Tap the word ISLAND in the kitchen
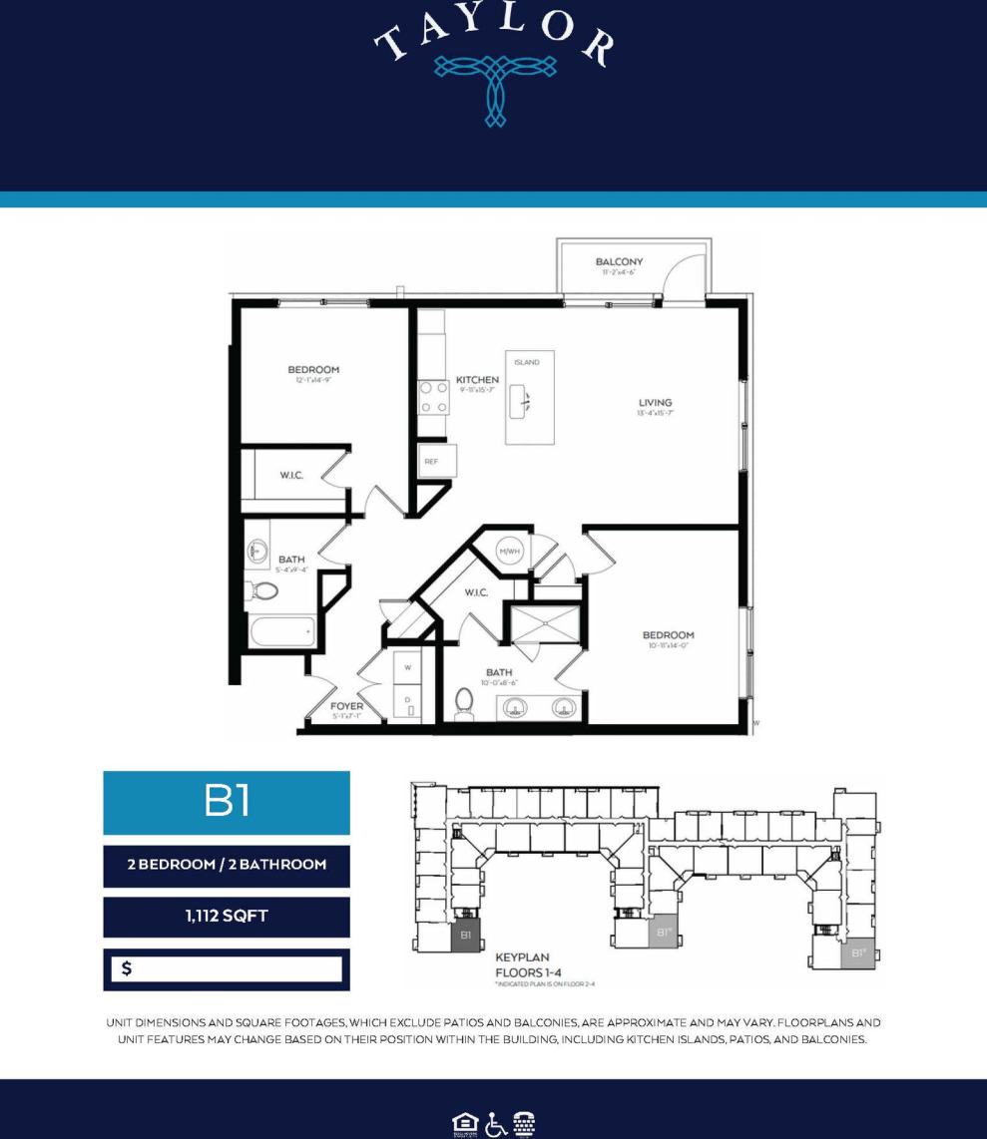527,362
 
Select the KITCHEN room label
477,380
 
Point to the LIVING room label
655,403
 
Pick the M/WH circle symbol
510,551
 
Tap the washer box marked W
407,667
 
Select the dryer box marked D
407,702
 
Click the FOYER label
346,706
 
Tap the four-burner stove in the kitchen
432,397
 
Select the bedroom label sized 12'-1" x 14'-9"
313,370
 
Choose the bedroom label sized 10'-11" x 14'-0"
668,635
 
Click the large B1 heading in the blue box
227,802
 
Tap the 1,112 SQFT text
227,917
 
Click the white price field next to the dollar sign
240,968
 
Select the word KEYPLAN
523,956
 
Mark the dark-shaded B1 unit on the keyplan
465,936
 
